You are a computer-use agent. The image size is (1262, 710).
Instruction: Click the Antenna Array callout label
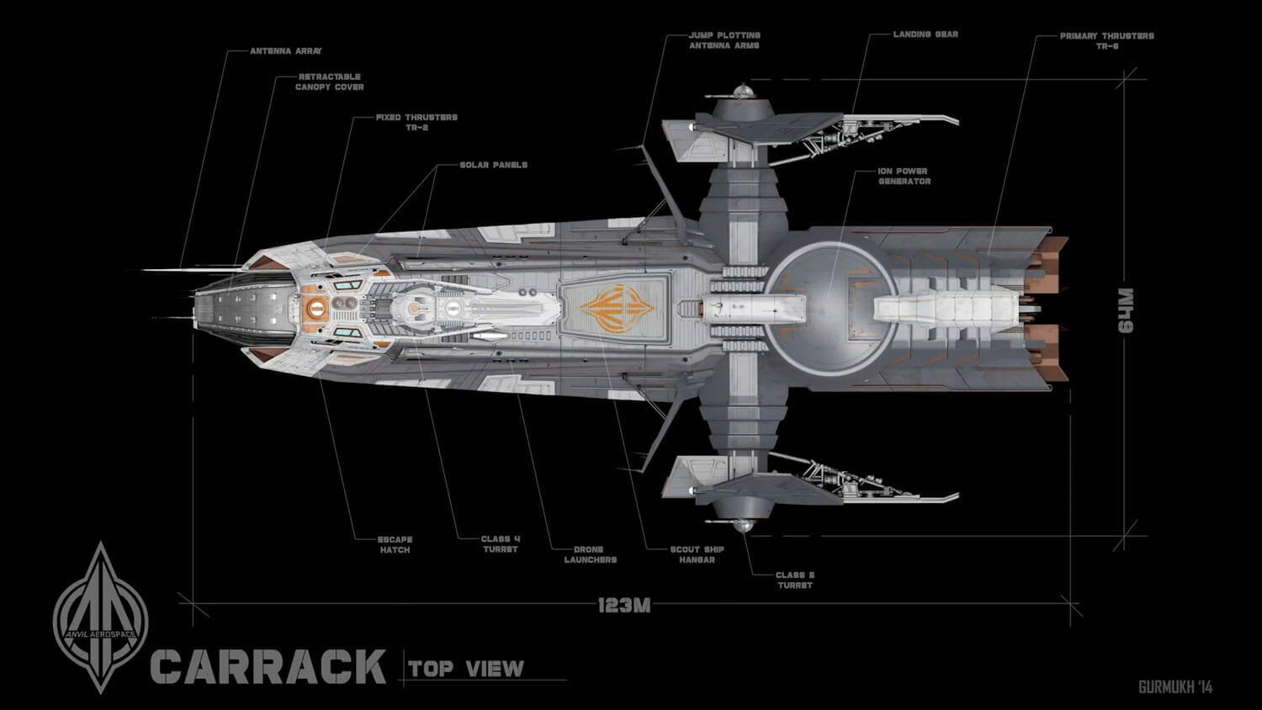285,51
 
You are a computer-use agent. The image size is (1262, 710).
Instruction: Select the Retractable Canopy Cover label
329,82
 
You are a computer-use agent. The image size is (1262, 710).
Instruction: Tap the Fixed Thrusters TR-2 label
416,122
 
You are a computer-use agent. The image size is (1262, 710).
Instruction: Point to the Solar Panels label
493,165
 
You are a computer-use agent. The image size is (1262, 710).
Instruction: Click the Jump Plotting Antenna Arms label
724,40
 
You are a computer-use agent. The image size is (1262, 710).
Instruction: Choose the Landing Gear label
925,34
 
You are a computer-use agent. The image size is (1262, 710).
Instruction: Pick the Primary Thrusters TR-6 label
1106,41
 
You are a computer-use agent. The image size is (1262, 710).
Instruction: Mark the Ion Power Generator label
904,176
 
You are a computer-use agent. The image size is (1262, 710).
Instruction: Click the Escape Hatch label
395,544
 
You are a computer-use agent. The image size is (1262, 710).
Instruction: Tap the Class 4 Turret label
500,544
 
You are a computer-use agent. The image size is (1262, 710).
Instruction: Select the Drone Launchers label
590,554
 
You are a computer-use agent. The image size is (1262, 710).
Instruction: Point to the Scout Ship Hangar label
697,554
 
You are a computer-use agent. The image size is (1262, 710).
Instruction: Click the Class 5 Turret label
794,580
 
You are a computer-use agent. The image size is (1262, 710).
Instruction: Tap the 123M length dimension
623,605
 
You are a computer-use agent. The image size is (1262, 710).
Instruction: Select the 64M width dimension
1126,310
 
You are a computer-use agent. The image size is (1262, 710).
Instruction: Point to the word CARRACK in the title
268,666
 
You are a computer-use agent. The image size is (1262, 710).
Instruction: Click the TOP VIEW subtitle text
466,669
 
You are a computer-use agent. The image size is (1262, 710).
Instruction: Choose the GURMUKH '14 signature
1175,687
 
